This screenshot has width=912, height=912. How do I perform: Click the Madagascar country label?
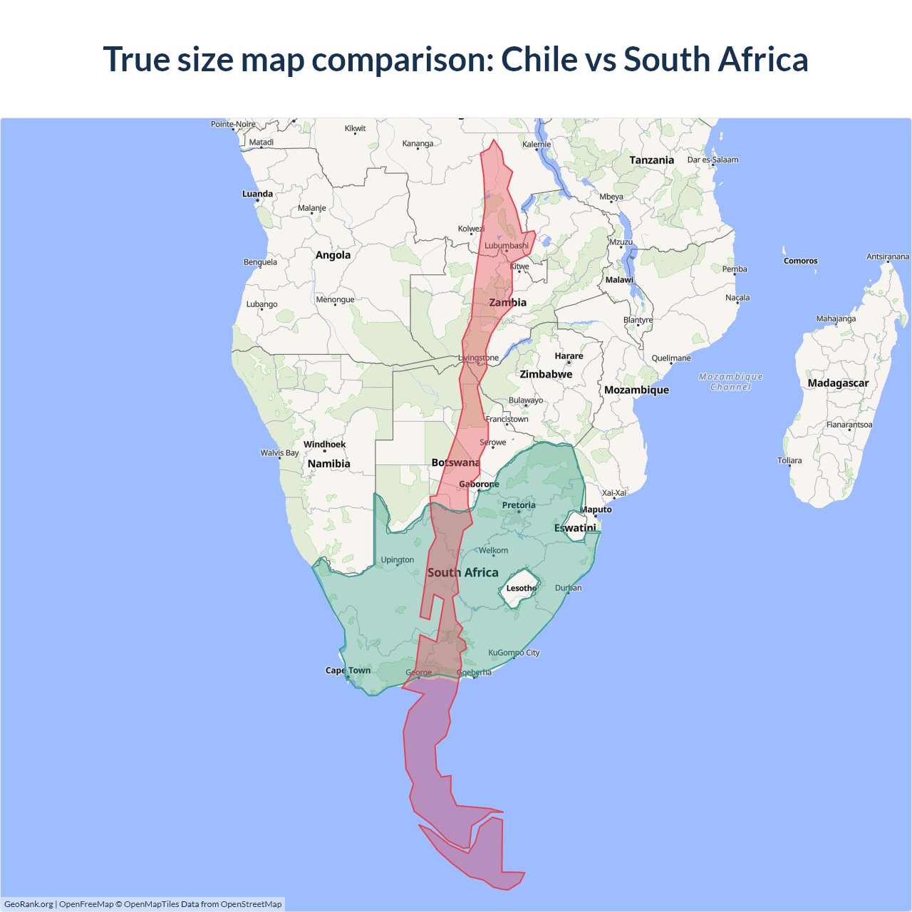pos(838,383)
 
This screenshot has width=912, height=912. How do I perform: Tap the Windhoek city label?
pos(324,445)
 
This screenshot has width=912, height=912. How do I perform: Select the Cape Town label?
pos(348,670)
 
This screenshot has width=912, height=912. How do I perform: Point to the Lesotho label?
pos(522,589)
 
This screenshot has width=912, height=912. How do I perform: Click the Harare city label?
pos(569,356)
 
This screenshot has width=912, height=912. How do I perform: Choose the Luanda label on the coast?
pos(257,194)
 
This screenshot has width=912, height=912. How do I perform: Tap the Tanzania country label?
pos(651,160)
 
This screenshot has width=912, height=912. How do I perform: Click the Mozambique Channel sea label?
pos(730,382)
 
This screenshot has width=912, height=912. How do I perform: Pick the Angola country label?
pos(333,255)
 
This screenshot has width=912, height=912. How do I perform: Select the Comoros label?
pos(800,261)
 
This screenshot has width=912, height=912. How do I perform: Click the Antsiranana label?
pos(887,256)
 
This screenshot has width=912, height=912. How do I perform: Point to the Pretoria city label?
pos(518,505)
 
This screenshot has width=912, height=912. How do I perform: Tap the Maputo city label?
pos(596,509)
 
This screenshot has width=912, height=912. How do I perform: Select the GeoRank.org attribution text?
pos(28,904)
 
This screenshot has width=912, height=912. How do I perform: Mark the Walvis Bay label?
pos(279,453)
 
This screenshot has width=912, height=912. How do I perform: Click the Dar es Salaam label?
pos(712,160)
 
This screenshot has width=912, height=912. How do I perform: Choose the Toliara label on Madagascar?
pos(789,460)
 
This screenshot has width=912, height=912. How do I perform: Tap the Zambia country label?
pos(507,303)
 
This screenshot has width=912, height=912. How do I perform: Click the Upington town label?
pos(397,560)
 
